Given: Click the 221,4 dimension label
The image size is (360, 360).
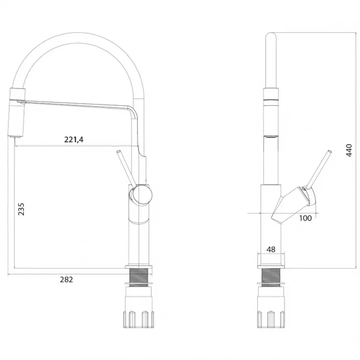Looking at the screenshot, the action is coord(74,139).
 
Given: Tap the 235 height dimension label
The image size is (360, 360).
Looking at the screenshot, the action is coord(21,209).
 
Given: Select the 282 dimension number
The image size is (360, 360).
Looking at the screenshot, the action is coord(66,279).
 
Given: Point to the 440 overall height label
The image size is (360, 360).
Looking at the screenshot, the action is coord(349,150).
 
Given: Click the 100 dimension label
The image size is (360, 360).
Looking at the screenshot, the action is coord(305,218).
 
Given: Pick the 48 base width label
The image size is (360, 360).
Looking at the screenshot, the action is coord(271,250).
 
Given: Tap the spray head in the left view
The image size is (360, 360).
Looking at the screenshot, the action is coord(16,112).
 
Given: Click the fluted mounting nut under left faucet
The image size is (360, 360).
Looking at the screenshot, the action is coord(139,319).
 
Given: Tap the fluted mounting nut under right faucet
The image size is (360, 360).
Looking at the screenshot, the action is coord(271,319).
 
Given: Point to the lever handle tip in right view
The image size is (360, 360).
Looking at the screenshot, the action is coord(330,152).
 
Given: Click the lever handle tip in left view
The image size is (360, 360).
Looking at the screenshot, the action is coord(118,152).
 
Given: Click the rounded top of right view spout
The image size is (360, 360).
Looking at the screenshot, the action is coord(271,35).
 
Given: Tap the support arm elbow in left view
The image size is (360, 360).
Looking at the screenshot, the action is coord(133,110).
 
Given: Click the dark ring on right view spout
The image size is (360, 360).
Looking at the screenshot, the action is coord(271,100).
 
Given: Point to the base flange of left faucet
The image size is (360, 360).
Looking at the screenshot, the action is coord(139,267).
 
